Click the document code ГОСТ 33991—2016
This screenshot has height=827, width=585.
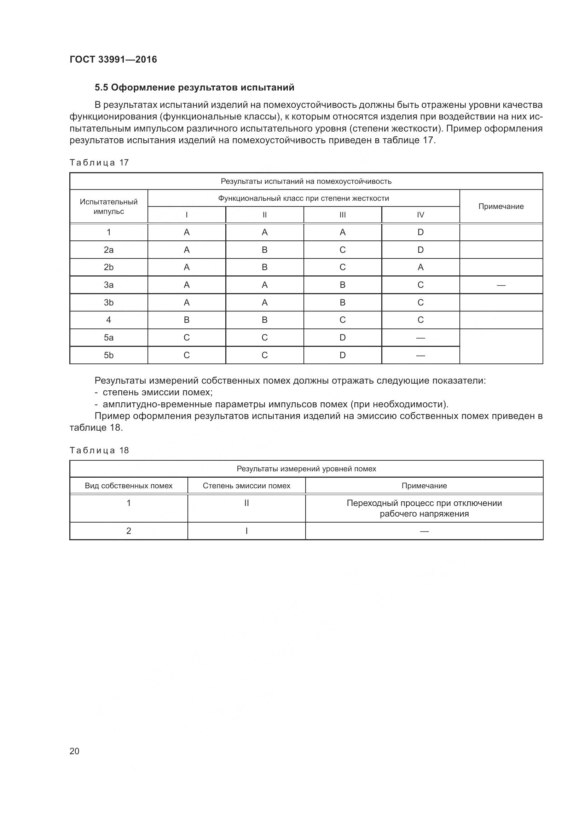113,59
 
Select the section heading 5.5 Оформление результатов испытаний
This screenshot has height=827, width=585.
195,88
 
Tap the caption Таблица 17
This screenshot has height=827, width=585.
99,162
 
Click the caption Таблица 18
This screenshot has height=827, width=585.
99,450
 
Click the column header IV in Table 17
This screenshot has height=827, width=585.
421,215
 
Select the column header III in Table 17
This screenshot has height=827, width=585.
342,215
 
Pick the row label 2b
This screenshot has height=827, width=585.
109,267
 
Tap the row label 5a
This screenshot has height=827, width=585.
109,338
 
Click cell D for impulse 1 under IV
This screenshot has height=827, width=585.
421,232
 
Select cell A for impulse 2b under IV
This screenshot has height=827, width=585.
421,267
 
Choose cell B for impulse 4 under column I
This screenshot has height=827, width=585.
187,320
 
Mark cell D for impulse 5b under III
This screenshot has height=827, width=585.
342,355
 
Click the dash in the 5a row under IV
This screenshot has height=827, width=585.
421,338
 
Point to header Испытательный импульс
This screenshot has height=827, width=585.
109,206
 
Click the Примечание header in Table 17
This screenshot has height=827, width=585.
501,206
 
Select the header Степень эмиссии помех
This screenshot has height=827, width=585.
247,485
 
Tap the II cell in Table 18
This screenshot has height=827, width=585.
247,503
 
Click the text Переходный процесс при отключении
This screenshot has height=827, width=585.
424,503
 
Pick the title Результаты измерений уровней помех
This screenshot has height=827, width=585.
306,468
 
